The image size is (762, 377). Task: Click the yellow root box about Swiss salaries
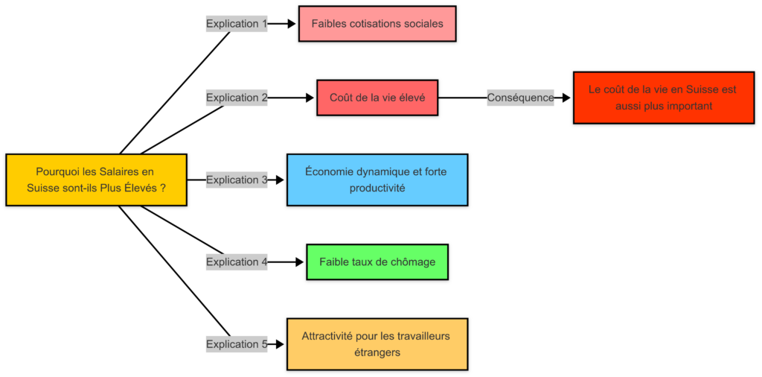(96, 180)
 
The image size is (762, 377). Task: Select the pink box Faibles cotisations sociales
(377, 23)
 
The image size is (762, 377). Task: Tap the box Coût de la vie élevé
(377, 98)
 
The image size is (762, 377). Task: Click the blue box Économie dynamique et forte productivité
(377, 180)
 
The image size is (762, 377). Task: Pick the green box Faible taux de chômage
(377, 262)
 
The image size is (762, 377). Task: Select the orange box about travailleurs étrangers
(377, 344)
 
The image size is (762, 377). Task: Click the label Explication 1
(237, 24)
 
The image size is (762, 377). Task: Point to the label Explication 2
(237, 98)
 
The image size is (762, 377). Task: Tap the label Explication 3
(237, 180)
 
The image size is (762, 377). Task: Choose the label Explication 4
(237, 262)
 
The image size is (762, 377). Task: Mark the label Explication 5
(237, 344)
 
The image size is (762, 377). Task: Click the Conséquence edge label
(520, 98)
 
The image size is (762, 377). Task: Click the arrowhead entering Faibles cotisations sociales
(292, 24)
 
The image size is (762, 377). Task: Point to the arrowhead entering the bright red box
(567, 98)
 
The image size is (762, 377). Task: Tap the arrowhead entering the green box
(301, 262)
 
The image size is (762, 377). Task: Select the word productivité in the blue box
(377, 188)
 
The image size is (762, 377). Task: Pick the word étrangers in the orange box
(377, 352)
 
